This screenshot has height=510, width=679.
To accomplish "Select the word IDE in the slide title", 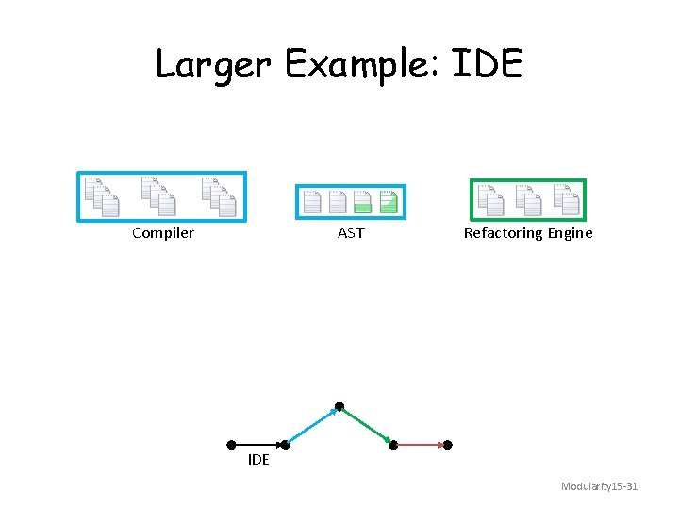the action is (488, 64).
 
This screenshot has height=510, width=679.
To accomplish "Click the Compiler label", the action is (163, 233).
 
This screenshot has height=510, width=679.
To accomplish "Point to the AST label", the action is (351, 233).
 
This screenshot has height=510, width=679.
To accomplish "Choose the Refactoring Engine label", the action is (528, 233).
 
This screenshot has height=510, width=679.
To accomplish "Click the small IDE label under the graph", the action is (258, 460).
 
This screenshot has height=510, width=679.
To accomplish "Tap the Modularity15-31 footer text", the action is (599, 486).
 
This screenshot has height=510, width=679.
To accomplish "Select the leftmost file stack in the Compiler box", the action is (100, 195).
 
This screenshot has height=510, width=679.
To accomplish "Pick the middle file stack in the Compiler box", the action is (157, 195).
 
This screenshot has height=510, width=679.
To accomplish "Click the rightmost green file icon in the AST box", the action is (389, 201).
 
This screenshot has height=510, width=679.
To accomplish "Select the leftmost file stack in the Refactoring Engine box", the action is (490, 198).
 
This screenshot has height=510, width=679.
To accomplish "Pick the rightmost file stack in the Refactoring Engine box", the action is (566, 198).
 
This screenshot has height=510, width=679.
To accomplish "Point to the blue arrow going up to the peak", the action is (312, 425).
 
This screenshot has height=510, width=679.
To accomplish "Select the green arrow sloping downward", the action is (367, 425).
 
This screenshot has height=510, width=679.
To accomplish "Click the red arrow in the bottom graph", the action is (422, 444).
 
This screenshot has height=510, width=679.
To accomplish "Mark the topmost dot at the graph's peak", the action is (339, 407).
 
